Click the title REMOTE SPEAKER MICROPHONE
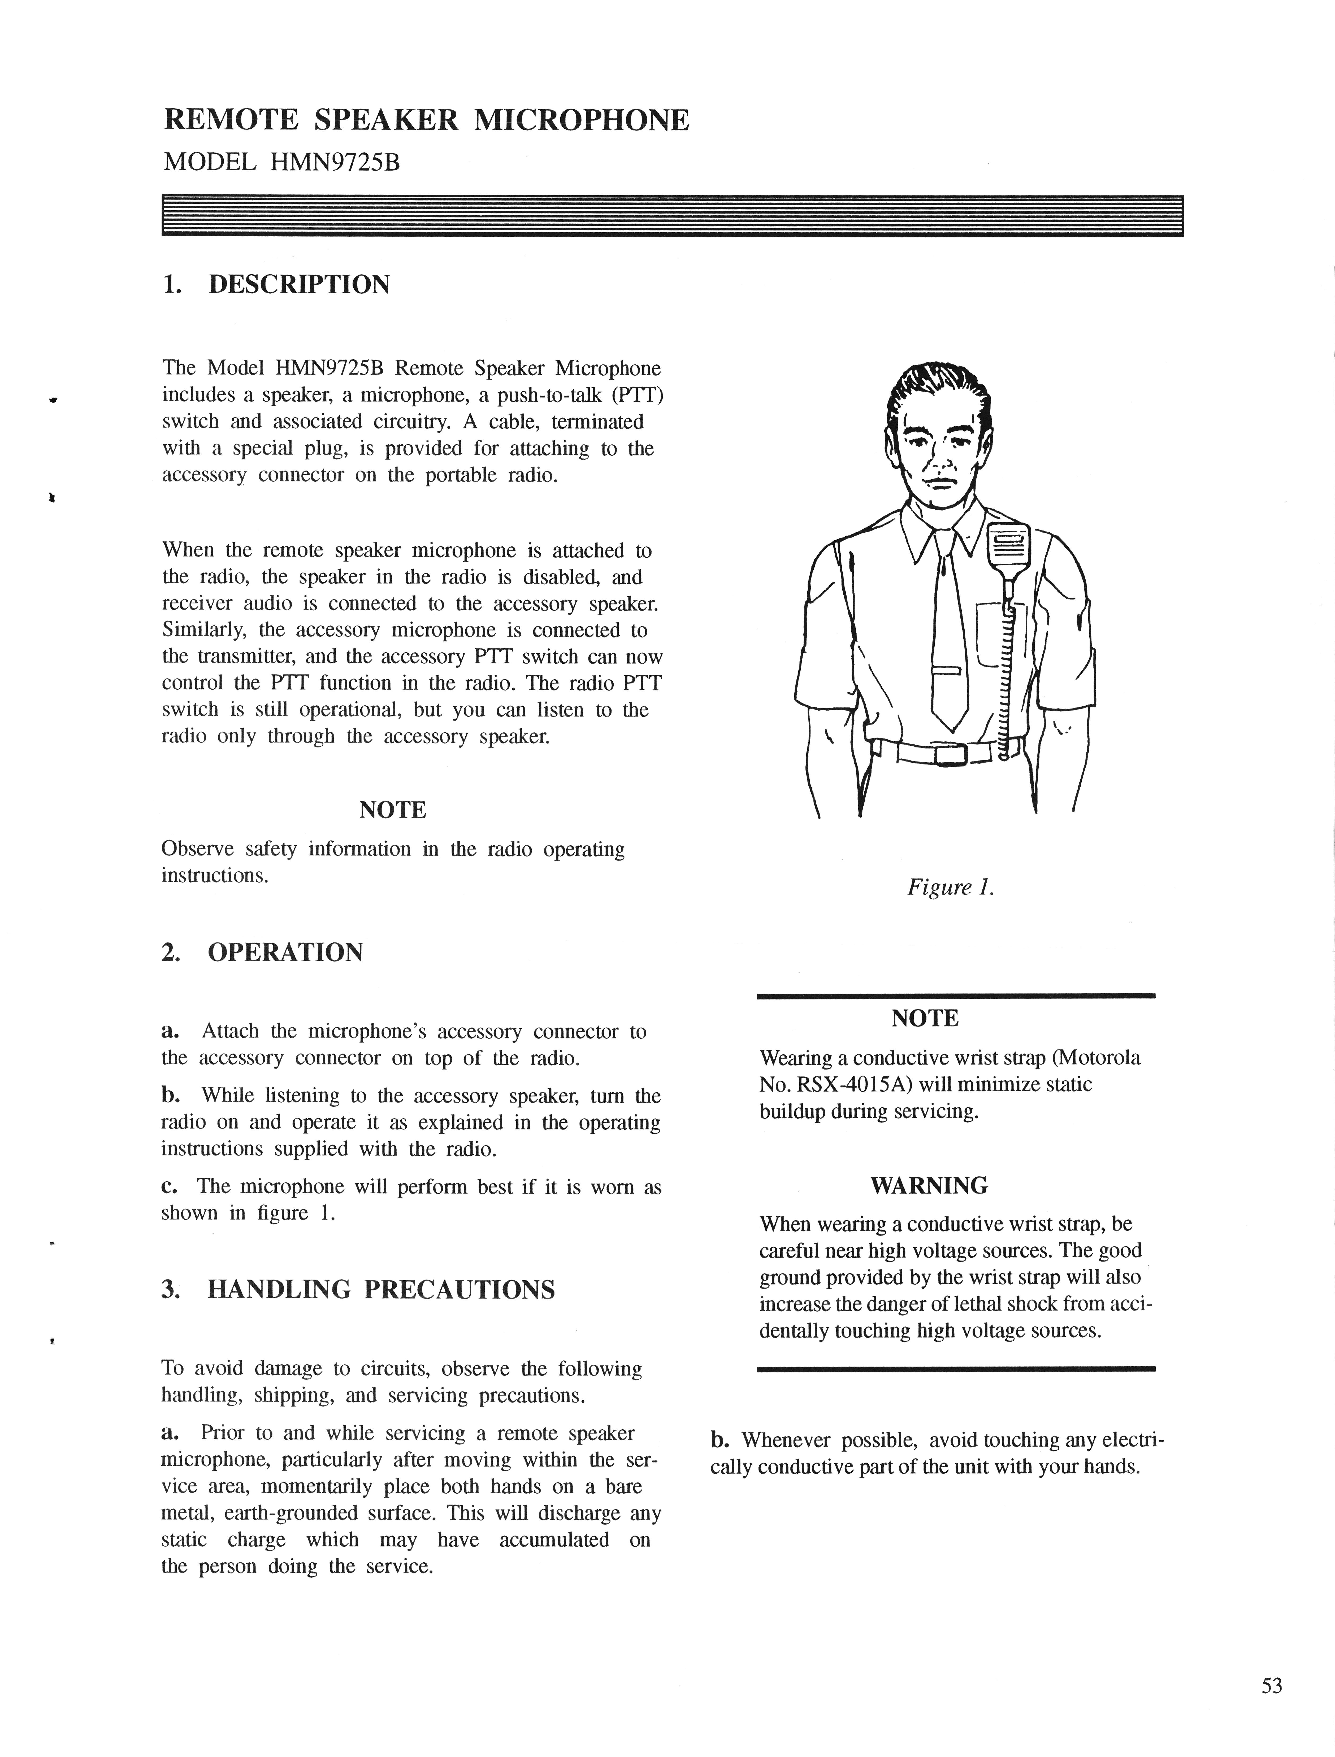427,120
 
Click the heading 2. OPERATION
262,952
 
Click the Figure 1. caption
951,887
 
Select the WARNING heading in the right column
929,1186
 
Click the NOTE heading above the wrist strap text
925,1018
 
